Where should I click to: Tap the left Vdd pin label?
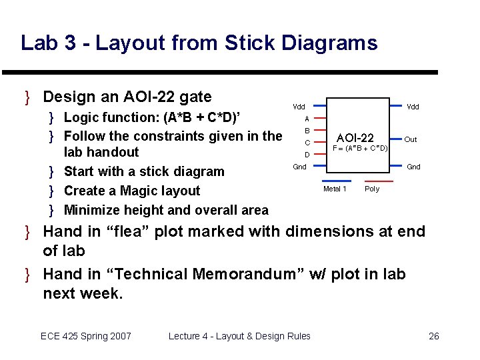299,107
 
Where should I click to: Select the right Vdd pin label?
413,107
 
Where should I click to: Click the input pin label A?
307,119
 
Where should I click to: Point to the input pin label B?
307,131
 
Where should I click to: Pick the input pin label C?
307,143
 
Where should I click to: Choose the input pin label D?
307,155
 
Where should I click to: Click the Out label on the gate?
411,139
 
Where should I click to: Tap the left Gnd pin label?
300,166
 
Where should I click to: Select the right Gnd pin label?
413,167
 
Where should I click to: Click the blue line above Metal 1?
337,181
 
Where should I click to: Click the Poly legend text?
372,189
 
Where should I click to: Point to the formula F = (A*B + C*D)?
360,148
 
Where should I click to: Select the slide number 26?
433,336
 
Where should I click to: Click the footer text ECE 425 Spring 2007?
86,336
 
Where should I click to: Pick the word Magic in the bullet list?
137,191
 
